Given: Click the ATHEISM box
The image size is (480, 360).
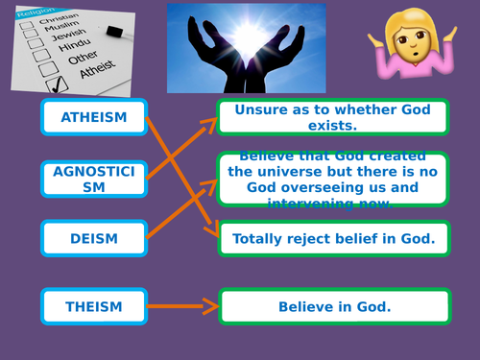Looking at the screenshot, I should pyautogui.click(x=93, y=118).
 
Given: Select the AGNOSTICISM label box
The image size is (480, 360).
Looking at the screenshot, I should pyautogui.click(x=93, y=179).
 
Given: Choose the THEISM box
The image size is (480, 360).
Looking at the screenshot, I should pyautogui.click(x=93, y=307).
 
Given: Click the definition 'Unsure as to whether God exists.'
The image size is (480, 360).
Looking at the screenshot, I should pyautogui.click(x=333, y=118).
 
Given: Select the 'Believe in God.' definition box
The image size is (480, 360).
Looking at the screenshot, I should pyautogui.click(x=333, y=307).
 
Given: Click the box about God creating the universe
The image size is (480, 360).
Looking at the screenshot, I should pyautogui.click(x=333, y=179).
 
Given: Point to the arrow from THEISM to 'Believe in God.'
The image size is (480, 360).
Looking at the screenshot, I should pyautogui.click(x=182, y=307).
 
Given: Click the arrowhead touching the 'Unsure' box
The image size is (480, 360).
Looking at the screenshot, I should pyautogui.click(x=211, y=121).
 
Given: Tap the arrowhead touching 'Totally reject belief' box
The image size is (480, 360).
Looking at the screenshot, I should pyautogui.click(x=213, y=230).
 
